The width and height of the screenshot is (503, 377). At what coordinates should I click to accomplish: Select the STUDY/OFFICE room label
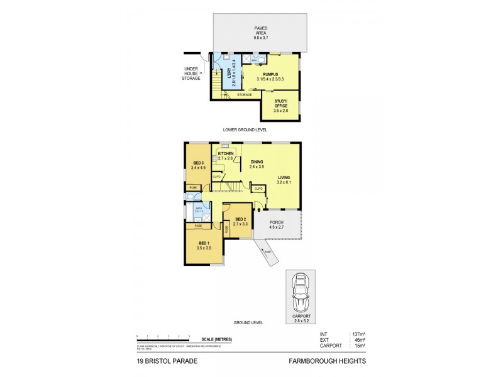(x=281, y=106)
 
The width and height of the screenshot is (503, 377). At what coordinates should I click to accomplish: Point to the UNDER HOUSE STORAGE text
(x=192, y=73)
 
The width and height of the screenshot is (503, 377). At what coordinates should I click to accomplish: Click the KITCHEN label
(x=226, y=154)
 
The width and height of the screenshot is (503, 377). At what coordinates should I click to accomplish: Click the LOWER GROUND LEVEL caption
(x=245, y=129)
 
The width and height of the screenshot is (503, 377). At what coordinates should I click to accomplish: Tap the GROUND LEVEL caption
(x=248, y=322)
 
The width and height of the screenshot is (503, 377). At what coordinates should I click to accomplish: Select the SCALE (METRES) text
(x=214, y=339)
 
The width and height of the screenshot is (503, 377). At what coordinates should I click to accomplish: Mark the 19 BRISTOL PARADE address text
(x=164, y=361)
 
